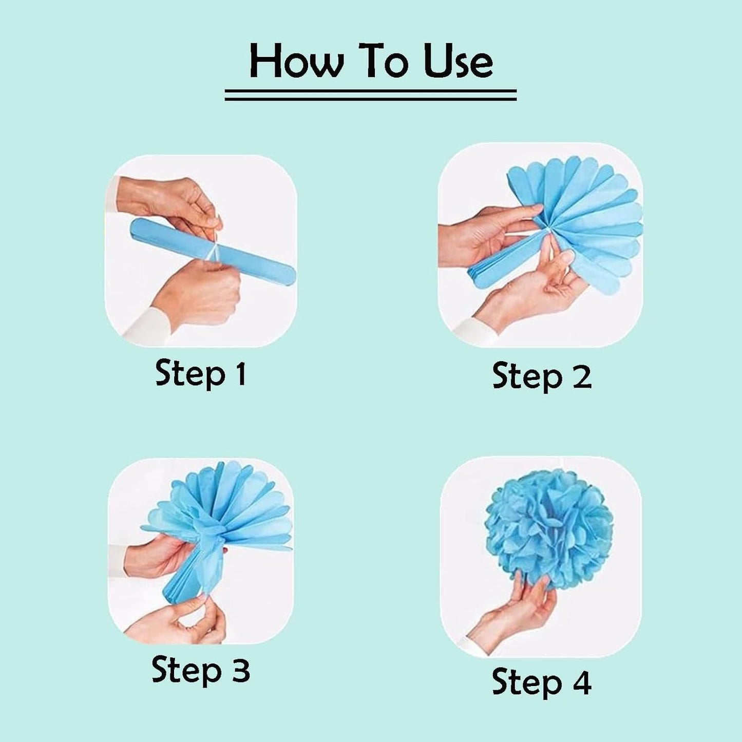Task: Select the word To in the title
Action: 380,62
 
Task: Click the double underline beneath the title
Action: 370,94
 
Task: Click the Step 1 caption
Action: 201,373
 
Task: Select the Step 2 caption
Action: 542,376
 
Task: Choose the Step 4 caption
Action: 542,682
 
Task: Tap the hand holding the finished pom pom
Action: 513,616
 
